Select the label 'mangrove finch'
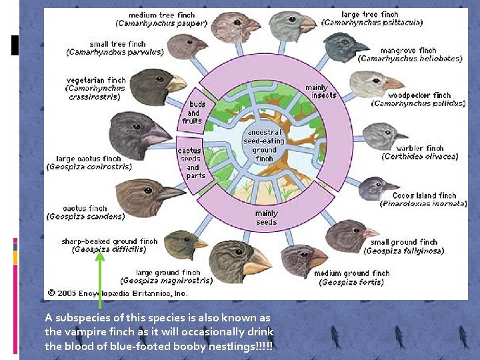(x=408, y=50)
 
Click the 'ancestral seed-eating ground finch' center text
(x=264, y=145)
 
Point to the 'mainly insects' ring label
(x=320, y=91)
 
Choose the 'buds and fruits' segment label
(x=193, y=113)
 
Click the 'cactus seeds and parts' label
(x=192, y=163)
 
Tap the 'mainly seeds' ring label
(x=266, y=218)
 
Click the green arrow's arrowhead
(x=99, y=243)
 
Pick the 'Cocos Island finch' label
(x=423, y=195)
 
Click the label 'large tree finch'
(x=369, y=15)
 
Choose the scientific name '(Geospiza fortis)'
(x=351, y=282)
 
